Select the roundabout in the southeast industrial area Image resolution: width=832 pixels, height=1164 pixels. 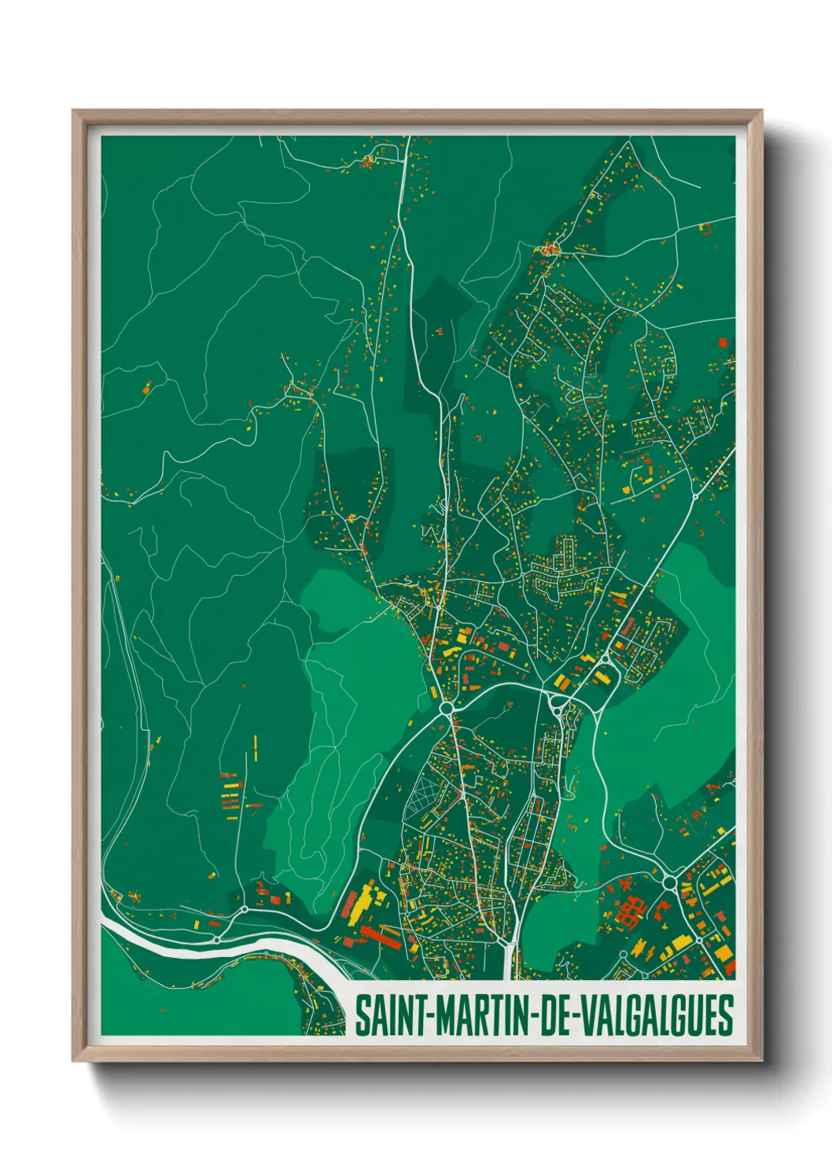click(670, 883)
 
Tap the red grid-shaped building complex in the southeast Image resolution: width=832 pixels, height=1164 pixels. click(629, 911)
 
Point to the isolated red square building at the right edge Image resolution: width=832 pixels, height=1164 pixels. click(723, 342)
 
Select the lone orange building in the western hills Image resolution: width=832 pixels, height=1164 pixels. click(146, 387)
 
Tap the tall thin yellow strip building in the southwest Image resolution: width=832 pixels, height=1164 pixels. click(256, 747)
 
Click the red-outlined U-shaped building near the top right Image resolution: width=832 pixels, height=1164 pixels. click(705, 228)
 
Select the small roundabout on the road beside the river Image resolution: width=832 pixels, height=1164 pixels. click(244, 908)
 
